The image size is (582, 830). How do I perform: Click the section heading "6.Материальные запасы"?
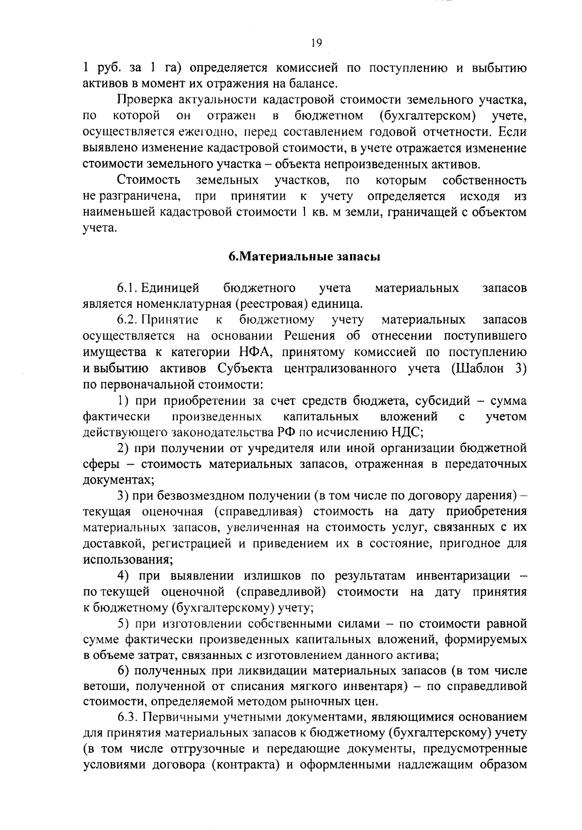click(x=304, y=257)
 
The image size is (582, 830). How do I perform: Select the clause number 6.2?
click(x=128, y=320)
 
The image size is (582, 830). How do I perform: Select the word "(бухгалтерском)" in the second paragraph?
click(x=425, y=116)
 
